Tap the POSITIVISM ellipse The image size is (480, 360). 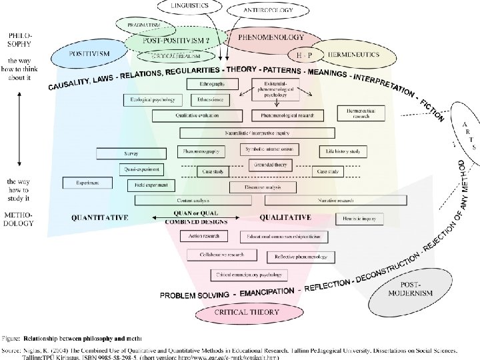coord(91,54)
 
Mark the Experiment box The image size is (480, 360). coord(87,182)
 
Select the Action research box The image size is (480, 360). coord(205,236)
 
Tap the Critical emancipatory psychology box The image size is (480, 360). coord(249,274)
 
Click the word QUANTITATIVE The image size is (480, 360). coord(100,217)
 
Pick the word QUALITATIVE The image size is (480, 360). coord(285,217)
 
